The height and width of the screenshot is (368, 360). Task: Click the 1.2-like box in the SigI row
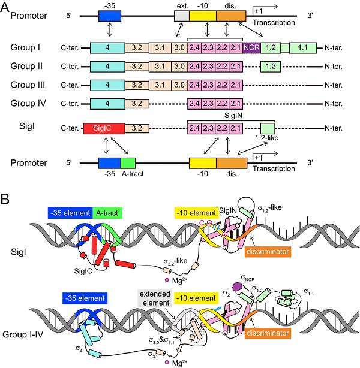tap(267, 127)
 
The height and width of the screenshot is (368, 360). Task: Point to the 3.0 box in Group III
tap(178, 85)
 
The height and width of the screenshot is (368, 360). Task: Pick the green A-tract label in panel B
tap(109, 213)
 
